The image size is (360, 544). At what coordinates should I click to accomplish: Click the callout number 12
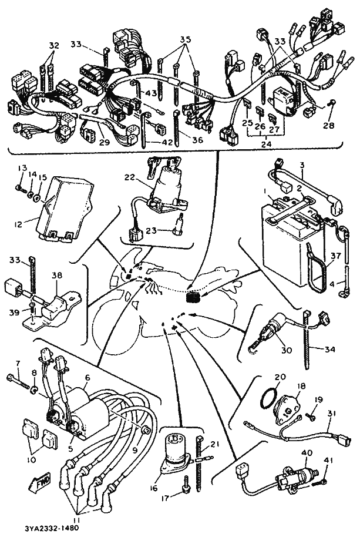(18, 224)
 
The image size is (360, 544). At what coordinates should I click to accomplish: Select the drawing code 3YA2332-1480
(52, 528)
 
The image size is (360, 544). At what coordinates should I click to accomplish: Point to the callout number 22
(130, 177)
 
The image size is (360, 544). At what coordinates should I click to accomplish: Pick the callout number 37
(336, 256)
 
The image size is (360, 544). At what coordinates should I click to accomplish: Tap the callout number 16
(154, 489)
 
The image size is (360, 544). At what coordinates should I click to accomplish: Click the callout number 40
(307, 453)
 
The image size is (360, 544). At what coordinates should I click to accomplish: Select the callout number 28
(328, 125)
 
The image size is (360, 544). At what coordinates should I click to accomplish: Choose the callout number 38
(57, 276)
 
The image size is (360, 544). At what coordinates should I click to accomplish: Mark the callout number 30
(287, 350)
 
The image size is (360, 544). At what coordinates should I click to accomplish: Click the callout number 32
(54, 45)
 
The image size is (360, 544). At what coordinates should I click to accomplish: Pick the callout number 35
(186, 39)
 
